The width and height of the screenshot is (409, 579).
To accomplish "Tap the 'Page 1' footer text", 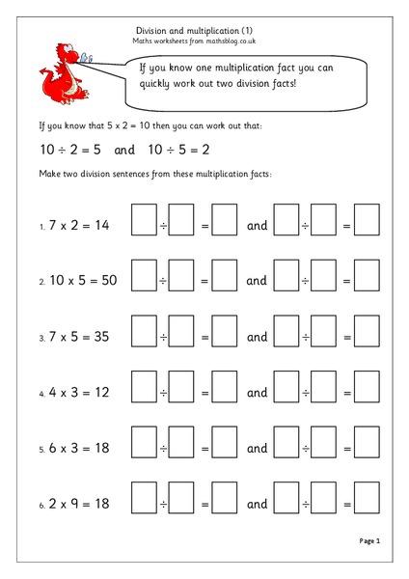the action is pos(369,541).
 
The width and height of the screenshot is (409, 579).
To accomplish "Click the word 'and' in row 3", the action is pos(257,338).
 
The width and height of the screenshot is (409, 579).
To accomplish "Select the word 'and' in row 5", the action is pos(257,449).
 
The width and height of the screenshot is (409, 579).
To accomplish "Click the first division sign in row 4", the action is pos(163,394).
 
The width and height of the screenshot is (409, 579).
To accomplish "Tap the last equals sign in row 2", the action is pos(346,282).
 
